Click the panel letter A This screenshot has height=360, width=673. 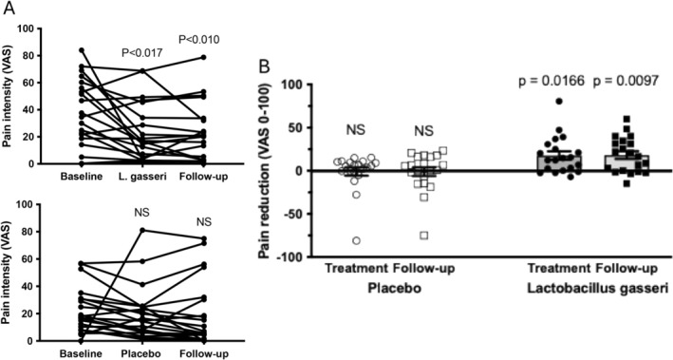point(9,9)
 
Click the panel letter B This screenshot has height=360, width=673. point(264,67)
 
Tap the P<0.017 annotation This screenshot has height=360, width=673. point(141,53)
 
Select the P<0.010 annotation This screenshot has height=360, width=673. point(198,40)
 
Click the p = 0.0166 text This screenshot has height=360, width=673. point(551,81)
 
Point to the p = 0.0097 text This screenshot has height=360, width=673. point(626,81)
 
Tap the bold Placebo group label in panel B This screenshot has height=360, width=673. point(393,288)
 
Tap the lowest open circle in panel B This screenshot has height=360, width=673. point(357,240)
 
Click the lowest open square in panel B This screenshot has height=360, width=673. point(424,236)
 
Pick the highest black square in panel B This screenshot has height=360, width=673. point(626,119)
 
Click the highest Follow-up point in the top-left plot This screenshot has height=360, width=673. point(204,57)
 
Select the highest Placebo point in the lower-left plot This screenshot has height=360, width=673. point(142,230)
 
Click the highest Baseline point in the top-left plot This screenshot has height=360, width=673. point(82,50)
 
